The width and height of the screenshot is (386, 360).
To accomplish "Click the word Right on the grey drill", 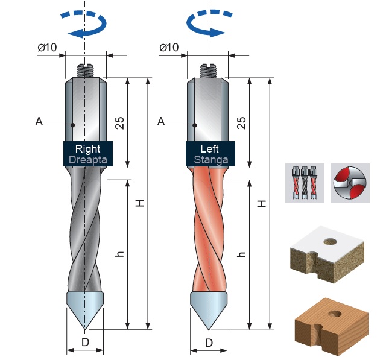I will tap(88, 148).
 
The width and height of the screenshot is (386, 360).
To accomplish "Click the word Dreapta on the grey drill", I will tap(88, 160).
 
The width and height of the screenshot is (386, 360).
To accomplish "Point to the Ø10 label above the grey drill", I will tap(48, 47).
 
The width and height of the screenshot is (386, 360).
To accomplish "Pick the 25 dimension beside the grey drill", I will tap(120, 122).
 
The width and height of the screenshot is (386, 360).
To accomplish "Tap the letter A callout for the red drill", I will tap(161, 122).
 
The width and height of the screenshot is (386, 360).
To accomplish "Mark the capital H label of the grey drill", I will tap(140, 204).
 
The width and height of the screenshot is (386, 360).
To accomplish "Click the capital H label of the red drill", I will tap(262, 204).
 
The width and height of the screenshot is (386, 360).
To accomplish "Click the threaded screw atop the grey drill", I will tap(86, 70).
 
